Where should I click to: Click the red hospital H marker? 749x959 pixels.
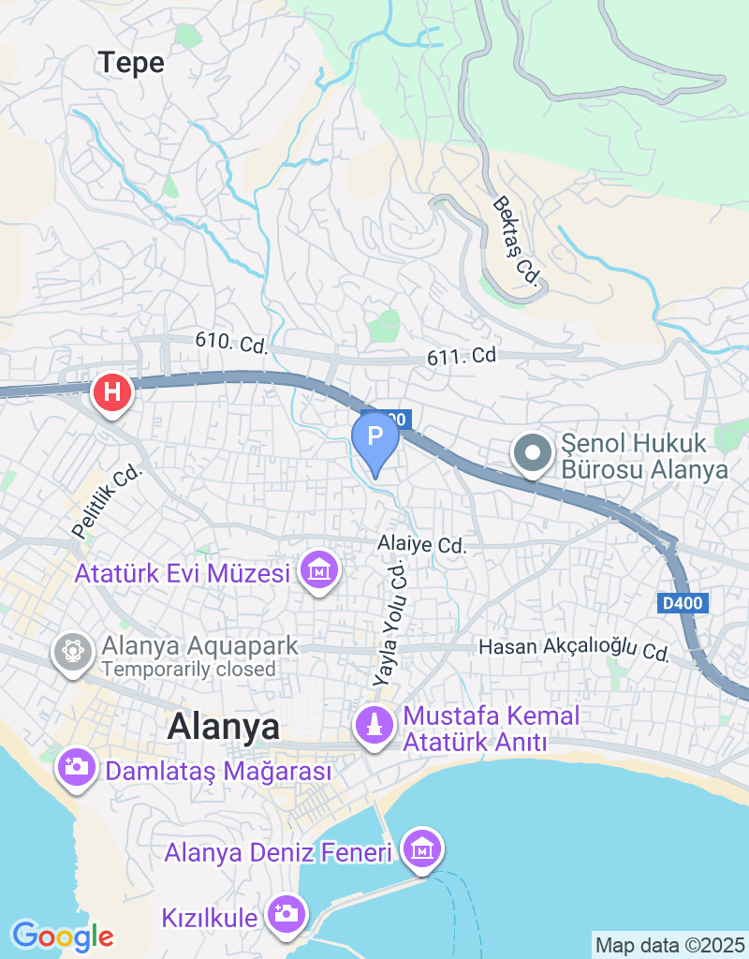pyautogui.click(x=112, y=392)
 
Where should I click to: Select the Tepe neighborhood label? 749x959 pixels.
pyautogui.click(x=131, y=63)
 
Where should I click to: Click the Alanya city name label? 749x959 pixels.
pyautogui.click(x=223, y=728)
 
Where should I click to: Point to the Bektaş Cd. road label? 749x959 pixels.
pyautogui.click(x=516, y=242)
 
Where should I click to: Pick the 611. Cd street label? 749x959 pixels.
pyautogui.click(x=461, y=356)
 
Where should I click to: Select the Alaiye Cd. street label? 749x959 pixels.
pyautogui.click(x=421, y=544)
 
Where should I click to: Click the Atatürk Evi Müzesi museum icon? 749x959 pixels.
pyautogui.click(x=319, y=569)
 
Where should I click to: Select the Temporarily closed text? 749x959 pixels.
pyautogui.click(x=189, y=670)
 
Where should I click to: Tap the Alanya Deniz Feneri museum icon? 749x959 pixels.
pyautogui.click(x=421, y=849)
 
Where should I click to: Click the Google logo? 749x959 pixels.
pyautogui.click(x=63, y=936)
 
